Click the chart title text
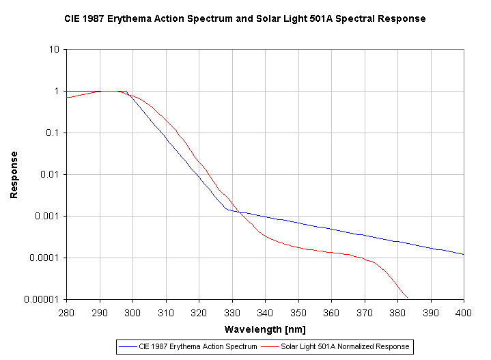[245, 18]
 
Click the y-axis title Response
[14, 175]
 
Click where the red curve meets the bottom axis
[407, 298]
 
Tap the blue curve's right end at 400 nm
[464, 255]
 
